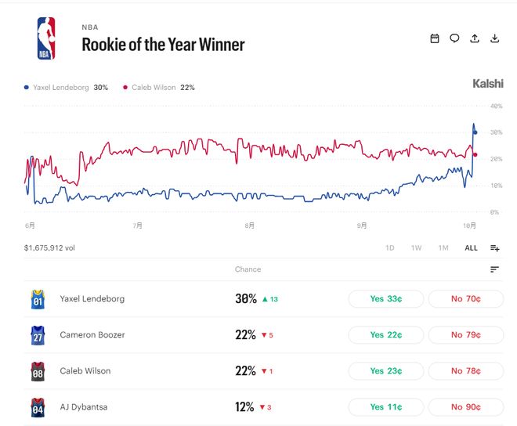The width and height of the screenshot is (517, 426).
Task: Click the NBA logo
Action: pyautogui.click(x=46, y=38)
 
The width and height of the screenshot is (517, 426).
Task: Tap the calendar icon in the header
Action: pyautogui.click(x=435, y=38)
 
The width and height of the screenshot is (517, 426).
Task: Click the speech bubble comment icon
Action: pyautogui.click(x=454, y=38)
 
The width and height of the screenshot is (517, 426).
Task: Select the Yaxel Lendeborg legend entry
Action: pyautogui.click(x=66, y=88)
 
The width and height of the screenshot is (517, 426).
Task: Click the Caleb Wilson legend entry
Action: pyautogui.click(x=158, y=88)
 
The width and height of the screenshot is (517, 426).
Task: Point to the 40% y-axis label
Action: pyautogui.click(x=496, y=106)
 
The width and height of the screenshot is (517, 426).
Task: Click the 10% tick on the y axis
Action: pyautogui.click(x=496, y=186)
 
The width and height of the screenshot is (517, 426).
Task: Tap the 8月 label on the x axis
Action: pyautogui.click(x=250, y=226)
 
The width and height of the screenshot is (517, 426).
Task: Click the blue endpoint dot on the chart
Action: pyautogui.click(x=475, y=132)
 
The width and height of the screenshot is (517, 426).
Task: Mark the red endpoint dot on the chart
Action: pyautogui.click(x=475, y=154)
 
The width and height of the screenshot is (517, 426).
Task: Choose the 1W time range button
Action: pyautogui.click(x=416, y=248)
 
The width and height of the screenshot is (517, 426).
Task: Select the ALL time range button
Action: pyautogui.click(x=471, y=248)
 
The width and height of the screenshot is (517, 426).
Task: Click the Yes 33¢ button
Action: pyautogui.click(x=385, y=298)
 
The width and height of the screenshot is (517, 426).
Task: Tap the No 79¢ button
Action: pyautogui.click(x=466, y=335)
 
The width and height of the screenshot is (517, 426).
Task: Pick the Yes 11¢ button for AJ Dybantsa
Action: pyautogui.click(x=385, y=407)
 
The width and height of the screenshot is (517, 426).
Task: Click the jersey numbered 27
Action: pyautogui.click(x=38, y=335)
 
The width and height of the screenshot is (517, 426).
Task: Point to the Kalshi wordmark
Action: pyautogui.click(x=488, y=84)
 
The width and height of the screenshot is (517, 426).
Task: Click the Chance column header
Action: pyautogui.click(x=248, y=269)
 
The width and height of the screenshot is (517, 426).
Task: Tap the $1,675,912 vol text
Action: pyautogui.click(x=49, y=248)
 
